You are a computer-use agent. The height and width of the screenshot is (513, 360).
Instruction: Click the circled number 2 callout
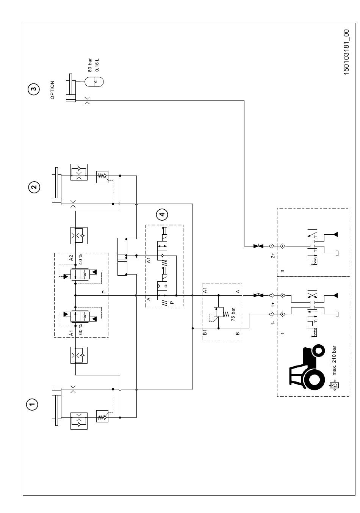[x=34, y=187]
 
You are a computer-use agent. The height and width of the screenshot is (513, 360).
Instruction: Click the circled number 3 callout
[x=34, y=89]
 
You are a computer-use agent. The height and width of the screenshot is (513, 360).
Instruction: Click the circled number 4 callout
[x=162, y=215]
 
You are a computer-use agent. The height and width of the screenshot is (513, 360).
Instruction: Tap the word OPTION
[x=52, y=90]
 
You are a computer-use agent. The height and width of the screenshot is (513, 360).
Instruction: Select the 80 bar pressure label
[x=90, y=65]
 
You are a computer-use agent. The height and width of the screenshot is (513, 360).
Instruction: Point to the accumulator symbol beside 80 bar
[x=94, y=82]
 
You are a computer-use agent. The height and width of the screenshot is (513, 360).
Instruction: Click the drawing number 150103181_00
[x=346, y=52]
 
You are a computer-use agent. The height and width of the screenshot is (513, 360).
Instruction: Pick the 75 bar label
[x=233, y=314]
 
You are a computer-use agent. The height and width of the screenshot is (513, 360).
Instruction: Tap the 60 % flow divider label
[x=81, y=329]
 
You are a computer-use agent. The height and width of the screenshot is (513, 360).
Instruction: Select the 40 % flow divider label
[x=81, y=259]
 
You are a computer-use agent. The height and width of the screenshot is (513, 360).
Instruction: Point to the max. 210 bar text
[x=334, y=361]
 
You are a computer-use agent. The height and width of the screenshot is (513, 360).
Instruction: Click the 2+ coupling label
[x=273, y=255]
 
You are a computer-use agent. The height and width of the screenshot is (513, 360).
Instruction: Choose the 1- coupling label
[x=272, y=323]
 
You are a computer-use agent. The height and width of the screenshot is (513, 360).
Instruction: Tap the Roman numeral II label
[x=283, y=271]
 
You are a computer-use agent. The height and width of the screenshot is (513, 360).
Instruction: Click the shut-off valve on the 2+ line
[x=258, y=246]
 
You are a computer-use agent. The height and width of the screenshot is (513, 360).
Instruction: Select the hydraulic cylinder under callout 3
[x=71, y=88]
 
